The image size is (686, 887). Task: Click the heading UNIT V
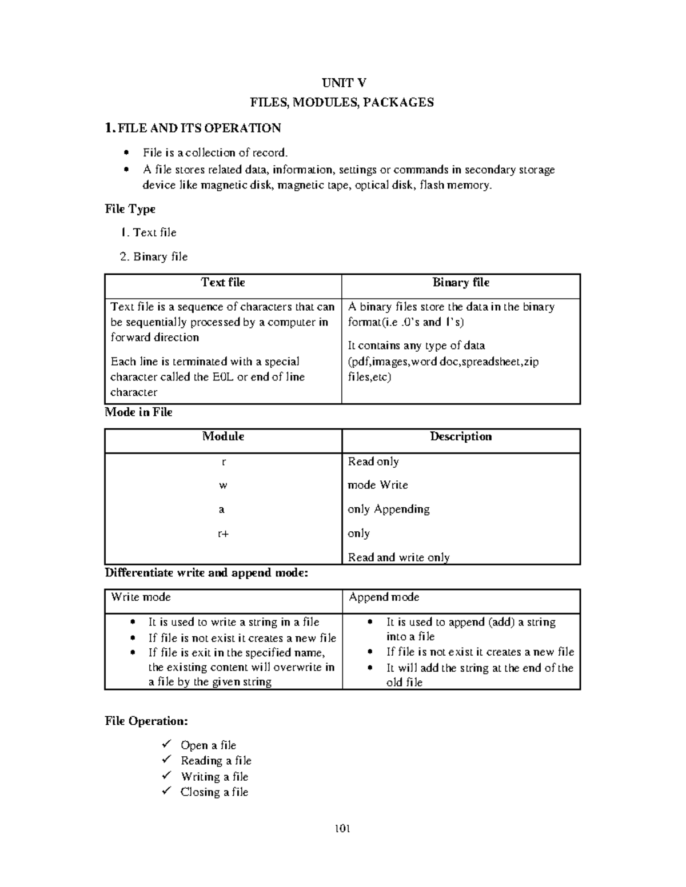click(x=344, y=83)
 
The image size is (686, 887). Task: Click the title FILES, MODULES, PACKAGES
click(x=342, y=102)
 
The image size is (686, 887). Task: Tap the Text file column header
click(x=223, y=282)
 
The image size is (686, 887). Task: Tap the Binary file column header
click(x=461, y=282)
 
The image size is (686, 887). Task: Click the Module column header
click(x=223, y=436)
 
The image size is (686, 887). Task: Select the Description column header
click(x=461, y=436)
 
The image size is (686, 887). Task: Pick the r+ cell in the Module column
click(x=223, y=533)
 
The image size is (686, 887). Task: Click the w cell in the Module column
click(x=223, y=485)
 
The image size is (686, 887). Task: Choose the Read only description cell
click(x=373, y=461)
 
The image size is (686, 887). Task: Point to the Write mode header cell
click(x=141, y=597)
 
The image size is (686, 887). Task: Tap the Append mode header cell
click(x=384, y=597)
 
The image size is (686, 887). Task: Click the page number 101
click(x=342, y=829)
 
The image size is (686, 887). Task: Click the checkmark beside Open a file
click(x=166, y=744)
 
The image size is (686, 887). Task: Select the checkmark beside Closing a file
click(x=166, y=791)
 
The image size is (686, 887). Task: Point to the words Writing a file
click(x=214, y=776)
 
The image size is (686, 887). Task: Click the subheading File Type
click(x=130, y=209)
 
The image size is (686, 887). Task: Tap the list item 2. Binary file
click(x=154, y=256)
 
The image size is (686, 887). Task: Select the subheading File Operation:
click(x=146, y=721)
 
